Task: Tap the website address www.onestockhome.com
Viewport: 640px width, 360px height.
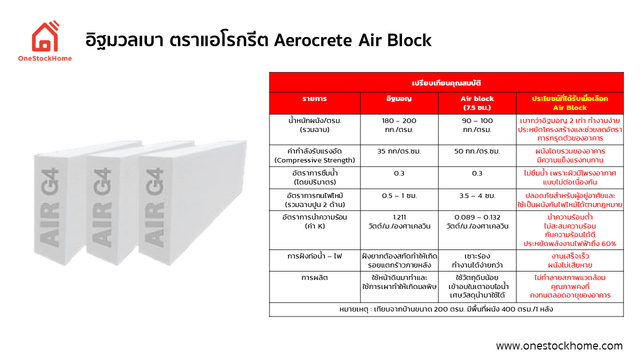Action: click(x=559, y=346)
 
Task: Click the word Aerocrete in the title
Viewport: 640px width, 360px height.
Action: click(x=313, y=40)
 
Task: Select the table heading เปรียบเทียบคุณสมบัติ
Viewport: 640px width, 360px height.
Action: click(x=446, y=82)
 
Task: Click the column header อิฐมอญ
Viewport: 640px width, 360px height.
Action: click(x=398, y=99)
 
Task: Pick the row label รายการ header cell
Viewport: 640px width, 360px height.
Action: click(x=314, y=99)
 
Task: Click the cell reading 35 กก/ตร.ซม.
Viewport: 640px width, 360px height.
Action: click(x=398, y=151)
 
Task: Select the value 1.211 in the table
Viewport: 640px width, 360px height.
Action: click(x=398, y=217)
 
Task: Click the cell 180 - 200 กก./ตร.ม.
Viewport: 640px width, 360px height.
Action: click(x=398, y=125)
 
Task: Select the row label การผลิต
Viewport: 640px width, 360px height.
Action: click(x=314, y=277)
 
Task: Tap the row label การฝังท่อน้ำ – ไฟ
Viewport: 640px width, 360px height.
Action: click(x=314, y=256)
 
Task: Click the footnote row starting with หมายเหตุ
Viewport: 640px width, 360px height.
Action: click(x=446, y=309)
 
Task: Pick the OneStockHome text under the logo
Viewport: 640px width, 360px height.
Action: click(x=44, y=58)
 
